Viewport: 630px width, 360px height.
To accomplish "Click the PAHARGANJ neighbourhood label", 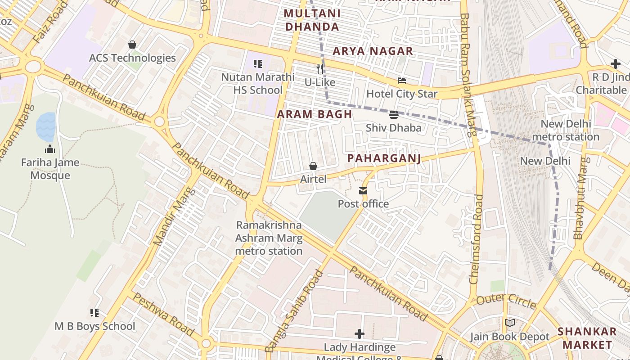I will pos(384,158).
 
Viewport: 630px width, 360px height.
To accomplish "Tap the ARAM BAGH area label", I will pos(315,114).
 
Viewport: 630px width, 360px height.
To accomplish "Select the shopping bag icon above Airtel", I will pos(313,166).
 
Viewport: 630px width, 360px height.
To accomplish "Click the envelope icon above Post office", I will pos(363,191).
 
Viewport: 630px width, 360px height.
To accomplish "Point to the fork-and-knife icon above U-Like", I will pos(320,68).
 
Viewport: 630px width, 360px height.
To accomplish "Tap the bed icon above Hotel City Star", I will pos(402,81).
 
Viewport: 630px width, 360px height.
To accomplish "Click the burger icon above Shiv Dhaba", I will pos(394,115).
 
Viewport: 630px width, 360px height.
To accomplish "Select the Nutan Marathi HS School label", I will pos(258,84).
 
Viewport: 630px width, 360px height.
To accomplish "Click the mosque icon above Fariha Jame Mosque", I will pos(50,149).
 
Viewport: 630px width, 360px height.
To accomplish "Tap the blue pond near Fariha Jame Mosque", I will pos(46,126).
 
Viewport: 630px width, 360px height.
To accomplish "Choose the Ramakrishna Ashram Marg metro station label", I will pos(269,238).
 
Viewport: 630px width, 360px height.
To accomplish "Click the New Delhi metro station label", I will pos(565,130).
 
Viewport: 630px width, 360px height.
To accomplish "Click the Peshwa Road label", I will pos(164,315).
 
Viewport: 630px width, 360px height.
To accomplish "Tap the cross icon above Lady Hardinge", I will pos(359,334).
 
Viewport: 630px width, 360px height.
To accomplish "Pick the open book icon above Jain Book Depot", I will pos(510,323).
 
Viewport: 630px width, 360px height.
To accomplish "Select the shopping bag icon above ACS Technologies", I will pos(132,45).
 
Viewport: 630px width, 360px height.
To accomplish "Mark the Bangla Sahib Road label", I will pos(294,310).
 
